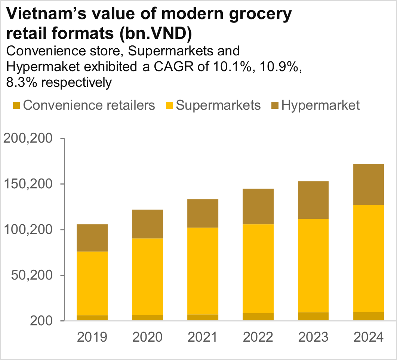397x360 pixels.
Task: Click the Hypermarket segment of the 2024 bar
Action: [x=369, y=184]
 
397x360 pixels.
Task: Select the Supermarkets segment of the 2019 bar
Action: [x=92, y=283]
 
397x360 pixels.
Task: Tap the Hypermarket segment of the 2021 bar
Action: [x=203, y=213]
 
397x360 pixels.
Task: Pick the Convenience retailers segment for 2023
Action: [x=313, y=316]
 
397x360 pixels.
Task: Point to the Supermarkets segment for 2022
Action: [x=258, y=268]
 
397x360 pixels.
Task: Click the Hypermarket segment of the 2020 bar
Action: [x=147, y=224]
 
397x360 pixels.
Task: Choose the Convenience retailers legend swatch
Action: [x=16, y=106]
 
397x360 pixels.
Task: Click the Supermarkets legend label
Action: [x=218, y=105]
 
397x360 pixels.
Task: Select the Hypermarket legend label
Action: [x=321, y=105]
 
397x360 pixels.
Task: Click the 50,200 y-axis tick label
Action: [x=31, y=275]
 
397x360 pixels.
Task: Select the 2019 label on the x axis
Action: [x=92, y=338]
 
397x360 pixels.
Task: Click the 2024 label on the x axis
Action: [x=369, y=338]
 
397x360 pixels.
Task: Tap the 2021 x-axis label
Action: [x=203, y=338]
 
